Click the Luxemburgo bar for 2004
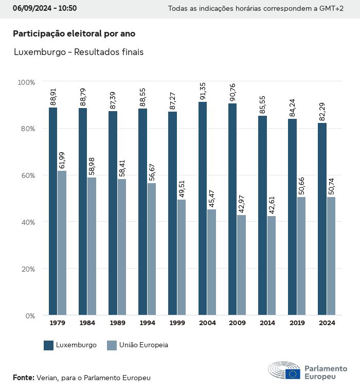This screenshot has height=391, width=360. pyautogui.click(x=203, y=208)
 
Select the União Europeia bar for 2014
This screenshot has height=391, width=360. pyautogui.click(x=271, y=265)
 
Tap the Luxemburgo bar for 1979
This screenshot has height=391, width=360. pyautogui.click(x=53, y=211)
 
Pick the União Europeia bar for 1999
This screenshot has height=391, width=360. pyautogui.click(x=182, y=257)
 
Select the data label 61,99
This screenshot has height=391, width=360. pyautogui.click(x=62, y=161)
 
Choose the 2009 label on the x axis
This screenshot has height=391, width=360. pyautogui.click(x=237, y=323)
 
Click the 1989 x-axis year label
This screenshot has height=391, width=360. pyautogui.click(x=117, y=323)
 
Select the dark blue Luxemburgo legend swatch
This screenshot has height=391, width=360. pyautogui.click(x=49, y=345)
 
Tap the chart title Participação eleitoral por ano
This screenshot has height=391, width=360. pyautogui.click(x=74, y=33)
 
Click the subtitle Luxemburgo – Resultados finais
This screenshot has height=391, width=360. pyautogui.click(x=78, y=52)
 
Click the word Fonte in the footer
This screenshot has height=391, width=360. pyautogui.click(x=23, y=378)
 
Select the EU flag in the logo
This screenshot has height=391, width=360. pyautogui.click(x=293, y=374)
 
